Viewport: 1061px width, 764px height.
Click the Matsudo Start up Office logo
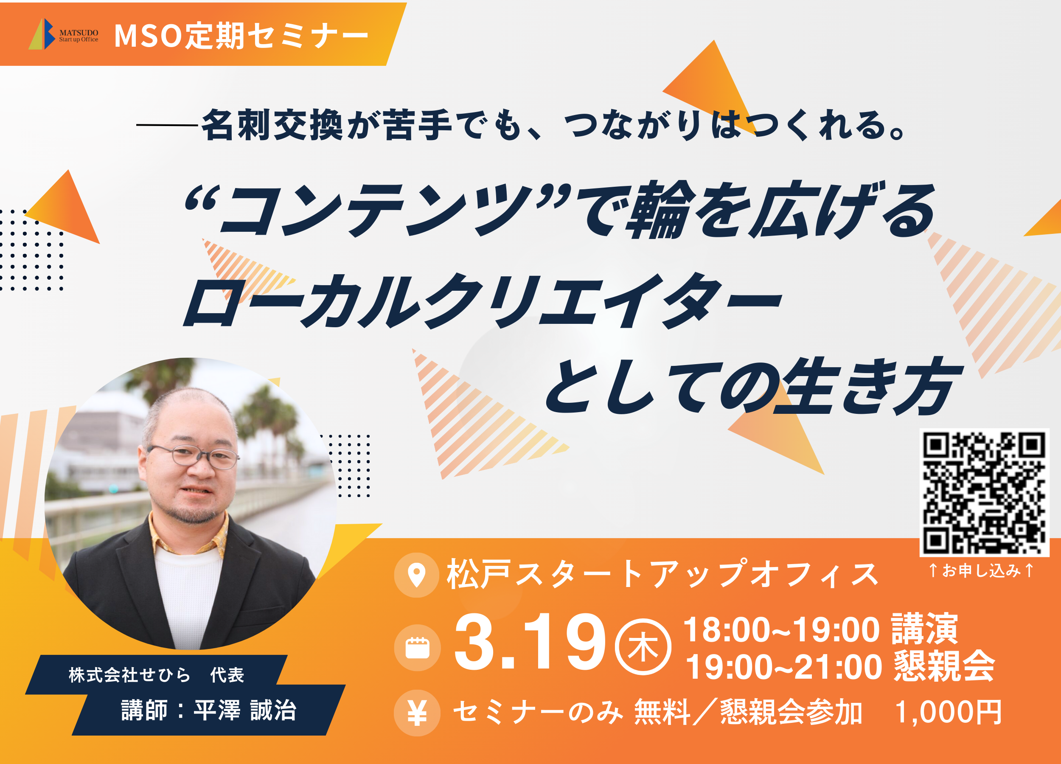click(x=64, y=34)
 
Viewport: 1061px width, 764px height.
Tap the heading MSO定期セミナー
click(x=241, y=36)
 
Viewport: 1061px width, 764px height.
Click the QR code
click(x=984, y=493)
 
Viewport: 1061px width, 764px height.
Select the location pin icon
click(x=416, y=575)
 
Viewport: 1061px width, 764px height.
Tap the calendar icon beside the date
click(x=417, y=648)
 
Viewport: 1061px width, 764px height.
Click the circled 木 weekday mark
click(x=643, y=646)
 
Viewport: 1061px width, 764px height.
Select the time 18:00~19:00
click(x=781, y=630)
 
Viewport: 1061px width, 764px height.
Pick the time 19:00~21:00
click(x=783, y=667)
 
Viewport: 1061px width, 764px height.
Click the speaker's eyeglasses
click(x=193, y=457)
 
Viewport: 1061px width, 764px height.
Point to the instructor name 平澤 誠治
click(x=245, y=710)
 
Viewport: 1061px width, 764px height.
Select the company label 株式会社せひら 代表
click(x=156, y=674)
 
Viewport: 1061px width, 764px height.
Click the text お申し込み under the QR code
click(x=981, y=570)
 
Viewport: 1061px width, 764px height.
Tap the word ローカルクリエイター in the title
click(x=482, y=301)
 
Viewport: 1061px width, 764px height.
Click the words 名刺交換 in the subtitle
click(x=272, y=125)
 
